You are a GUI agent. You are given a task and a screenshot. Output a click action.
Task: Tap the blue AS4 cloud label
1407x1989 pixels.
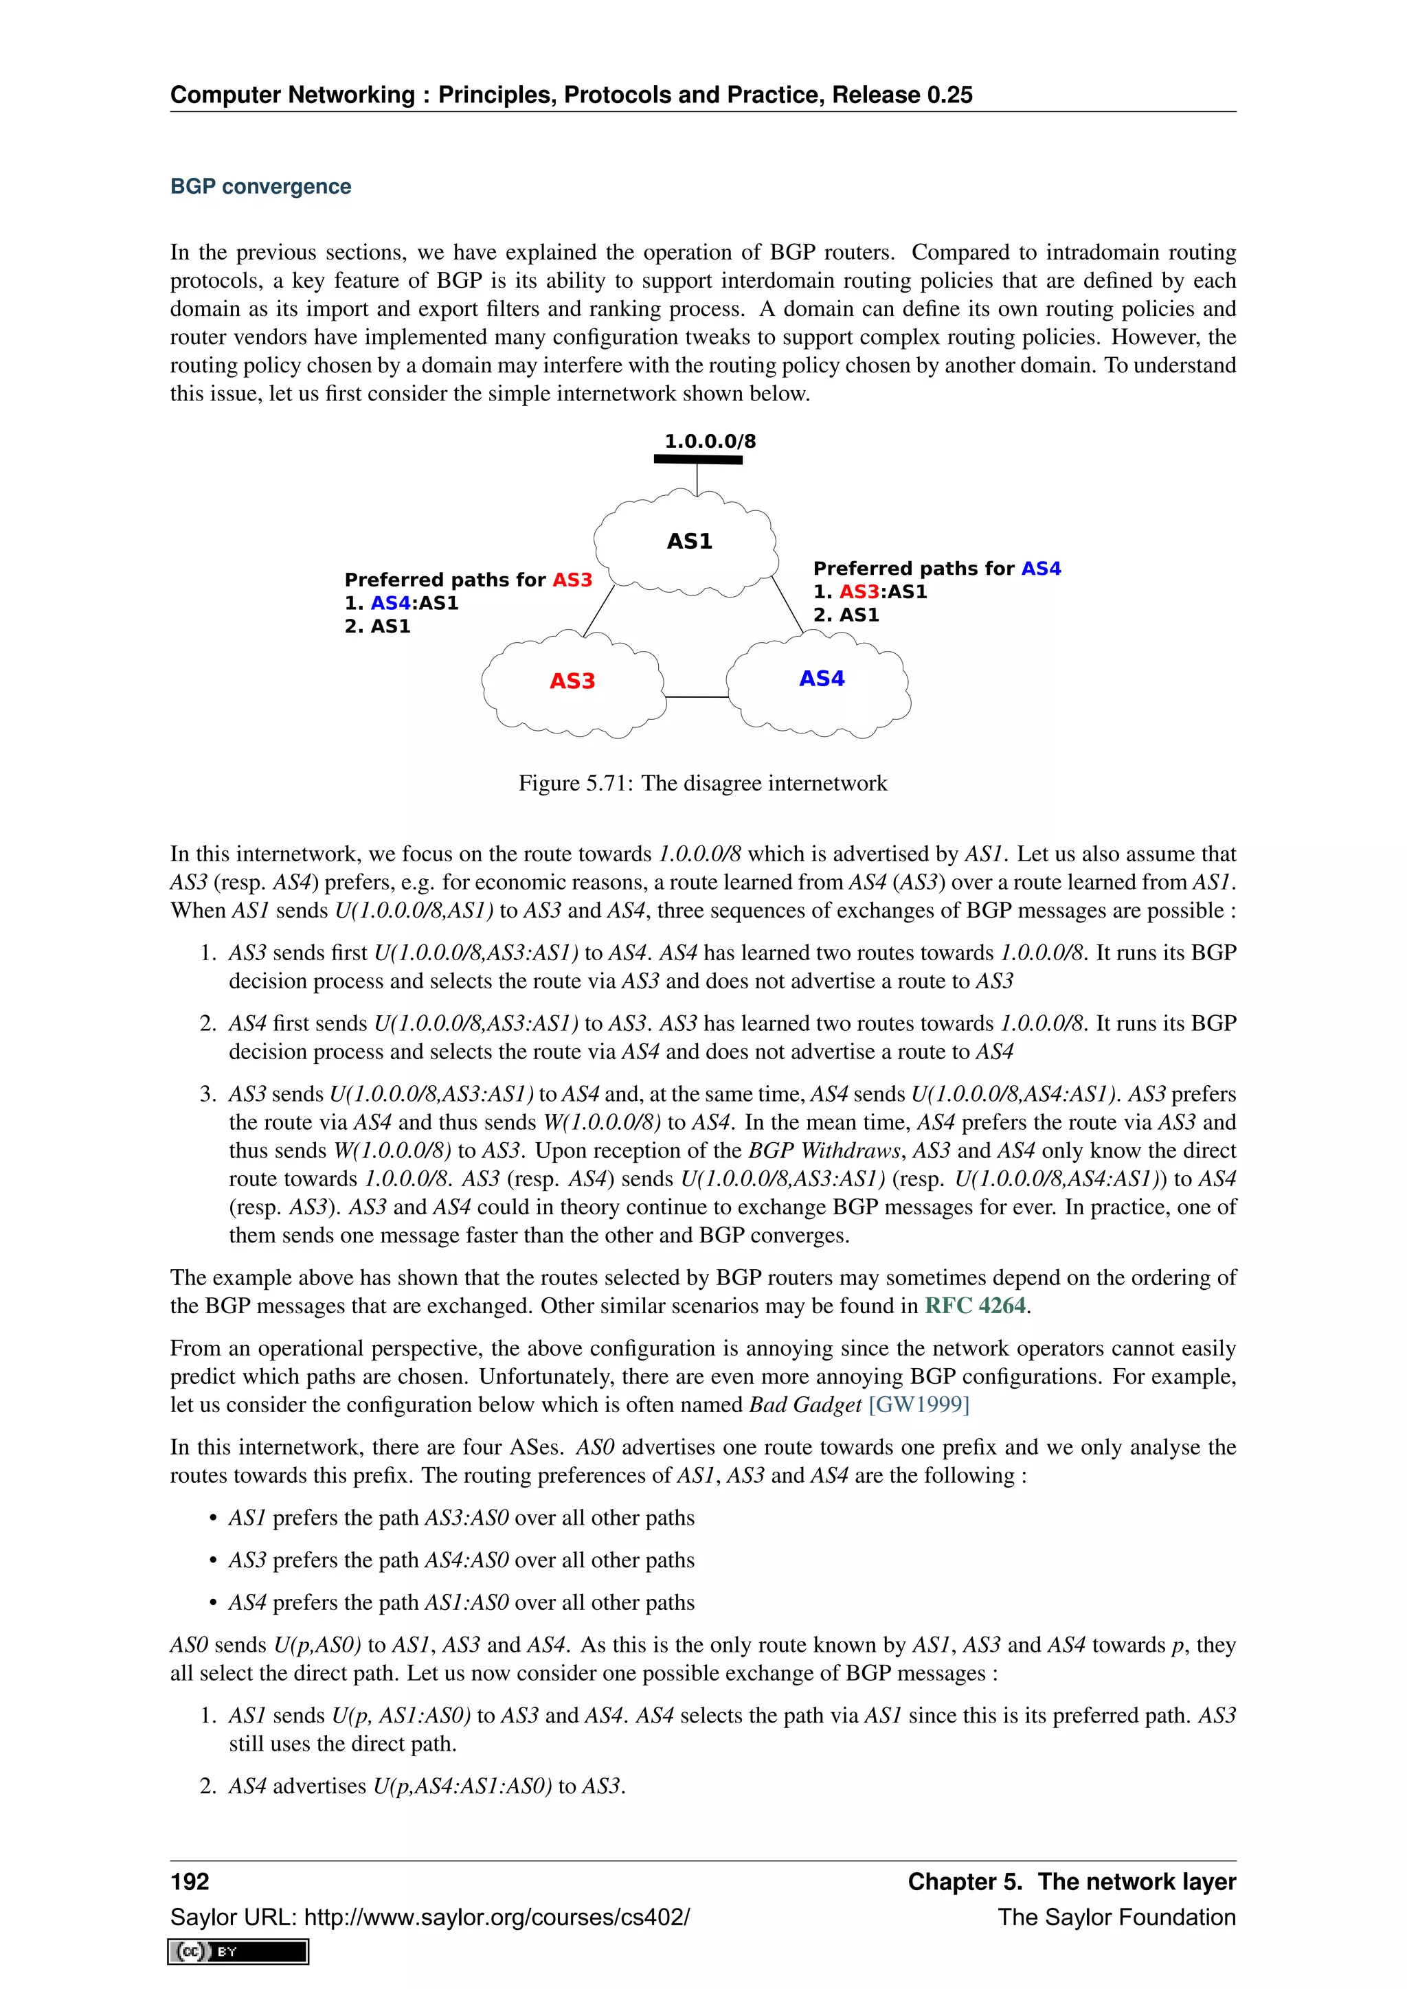(822, 679)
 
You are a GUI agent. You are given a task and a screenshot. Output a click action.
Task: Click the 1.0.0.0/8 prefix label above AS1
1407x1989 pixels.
(710, 441)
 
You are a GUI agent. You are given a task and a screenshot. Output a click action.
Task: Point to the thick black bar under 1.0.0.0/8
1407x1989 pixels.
(697, 459)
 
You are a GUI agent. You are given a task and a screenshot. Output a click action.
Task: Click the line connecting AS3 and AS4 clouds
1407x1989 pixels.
(696, 696)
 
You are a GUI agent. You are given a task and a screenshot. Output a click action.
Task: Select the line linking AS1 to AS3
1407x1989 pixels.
(598, 611)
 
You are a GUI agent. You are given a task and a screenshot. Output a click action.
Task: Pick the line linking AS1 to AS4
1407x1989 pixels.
(787, 604)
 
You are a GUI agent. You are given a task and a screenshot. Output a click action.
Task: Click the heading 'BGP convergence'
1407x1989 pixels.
(261, 186)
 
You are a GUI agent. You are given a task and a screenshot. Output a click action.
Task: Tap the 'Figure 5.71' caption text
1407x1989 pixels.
(703, 783)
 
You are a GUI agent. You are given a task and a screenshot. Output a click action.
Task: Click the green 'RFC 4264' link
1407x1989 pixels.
(975, 1306)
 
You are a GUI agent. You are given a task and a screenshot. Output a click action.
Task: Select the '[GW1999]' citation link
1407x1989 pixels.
(919, 1405)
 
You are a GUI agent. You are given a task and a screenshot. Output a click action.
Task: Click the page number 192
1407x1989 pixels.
(190, 1882)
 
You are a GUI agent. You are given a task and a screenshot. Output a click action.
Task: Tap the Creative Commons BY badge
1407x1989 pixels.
(238, 1951)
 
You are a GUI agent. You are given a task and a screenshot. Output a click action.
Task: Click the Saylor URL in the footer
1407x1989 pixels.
(429, 1917)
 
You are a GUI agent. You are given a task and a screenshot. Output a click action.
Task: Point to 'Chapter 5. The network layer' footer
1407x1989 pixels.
(1071, 1882)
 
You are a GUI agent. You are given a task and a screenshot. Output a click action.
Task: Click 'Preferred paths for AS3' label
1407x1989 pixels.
(468, 580)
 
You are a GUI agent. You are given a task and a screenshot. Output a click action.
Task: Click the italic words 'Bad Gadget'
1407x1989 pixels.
(805, 1405)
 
